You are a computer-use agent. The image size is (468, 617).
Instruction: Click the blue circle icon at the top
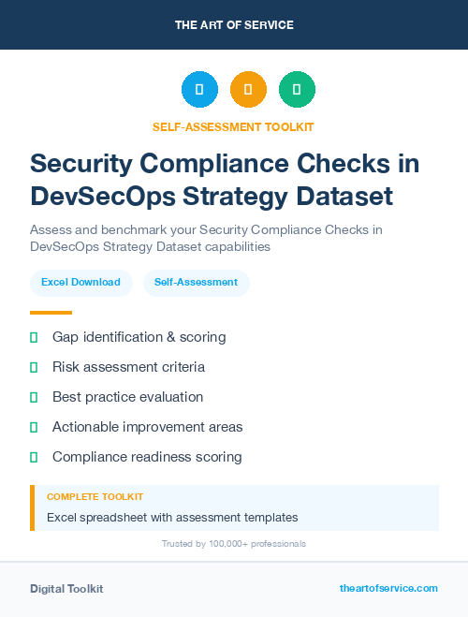pos(199,90)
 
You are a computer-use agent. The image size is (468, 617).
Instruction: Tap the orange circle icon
pos(248,90)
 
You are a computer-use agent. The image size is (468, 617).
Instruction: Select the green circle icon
pos(297,90)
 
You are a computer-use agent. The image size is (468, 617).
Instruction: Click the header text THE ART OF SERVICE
pos(234,24)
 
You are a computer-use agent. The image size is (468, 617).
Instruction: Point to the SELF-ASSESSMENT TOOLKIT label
pos(233,126)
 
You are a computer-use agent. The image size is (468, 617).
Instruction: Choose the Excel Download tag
pos(80,282)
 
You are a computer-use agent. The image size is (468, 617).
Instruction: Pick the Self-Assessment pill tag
pos(196,282)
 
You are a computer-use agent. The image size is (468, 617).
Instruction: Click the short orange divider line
pos(51,313)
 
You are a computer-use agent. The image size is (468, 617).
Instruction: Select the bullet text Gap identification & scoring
pos(139,336)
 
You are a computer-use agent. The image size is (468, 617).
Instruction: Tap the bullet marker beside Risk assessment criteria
pos(34,367)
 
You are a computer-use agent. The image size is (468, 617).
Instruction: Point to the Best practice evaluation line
pos(127,397)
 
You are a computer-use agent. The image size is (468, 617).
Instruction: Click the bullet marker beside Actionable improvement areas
pos(34,427)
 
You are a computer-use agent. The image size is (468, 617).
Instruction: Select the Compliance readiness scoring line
pos(147,457)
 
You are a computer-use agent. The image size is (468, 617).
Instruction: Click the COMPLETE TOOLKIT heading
pos(95,496)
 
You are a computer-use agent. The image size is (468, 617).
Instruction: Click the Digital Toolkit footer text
pos(66,589)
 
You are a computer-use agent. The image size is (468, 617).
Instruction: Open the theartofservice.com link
pos(388,588)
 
